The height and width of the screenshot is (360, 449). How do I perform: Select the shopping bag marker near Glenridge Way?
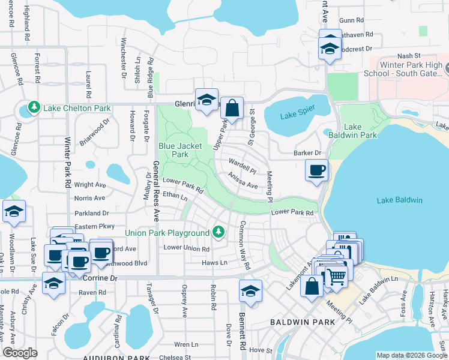[232, 109]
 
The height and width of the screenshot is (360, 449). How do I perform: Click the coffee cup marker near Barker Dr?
[316, 170]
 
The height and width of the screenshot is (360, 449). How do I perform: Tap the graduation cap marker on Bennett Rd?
[250, 291]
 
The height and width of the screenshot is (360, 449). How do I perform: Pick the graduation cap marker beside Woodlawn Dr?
[14, 212]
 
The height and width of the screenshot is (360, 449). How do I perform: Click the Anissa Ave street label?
[242, 181]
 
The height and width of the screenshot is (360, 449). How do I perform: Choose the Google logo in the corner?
[20, 353]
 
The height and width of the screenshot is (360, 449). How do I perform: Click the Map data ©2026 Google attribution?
[411, 355]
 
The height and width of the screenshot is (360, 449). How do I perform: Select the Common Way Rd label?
[246, 245]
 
